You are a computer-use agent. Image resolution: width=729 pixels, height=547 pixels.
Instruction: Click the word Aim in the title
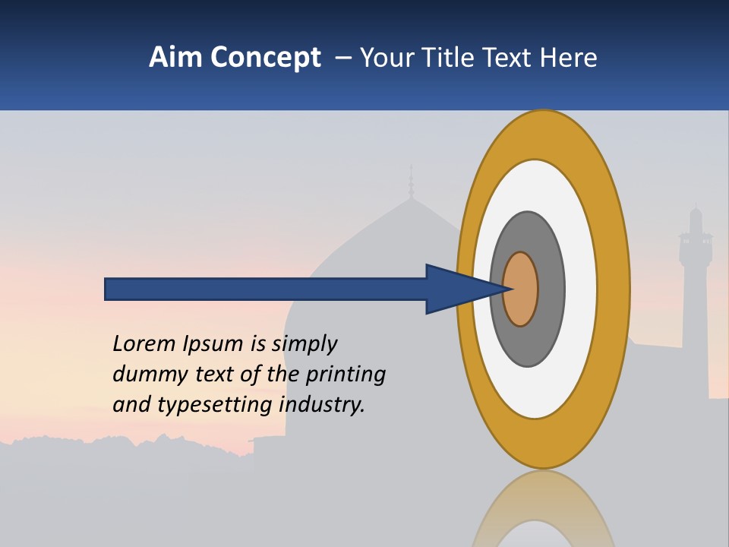(176, 58)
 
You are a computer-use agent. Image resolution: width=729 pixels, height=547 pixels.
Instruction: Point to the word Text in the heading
(513, 58)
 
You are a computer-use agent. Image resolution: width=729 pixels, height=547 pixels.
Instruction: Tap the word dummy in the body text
(147, 375)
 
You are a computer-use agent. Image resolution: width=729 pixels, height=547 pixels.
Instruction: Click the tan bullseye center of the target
(521, 289)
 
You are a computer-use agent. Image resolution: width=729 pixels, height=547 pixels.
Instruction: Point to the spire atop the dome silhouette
(411, 181)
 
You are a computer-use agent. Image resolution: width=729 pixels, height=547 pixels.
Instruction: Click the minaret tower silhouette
(695, 289)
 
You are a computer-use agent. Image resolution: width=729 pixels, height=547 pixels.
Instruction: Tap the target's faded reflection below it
(543, 509)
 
